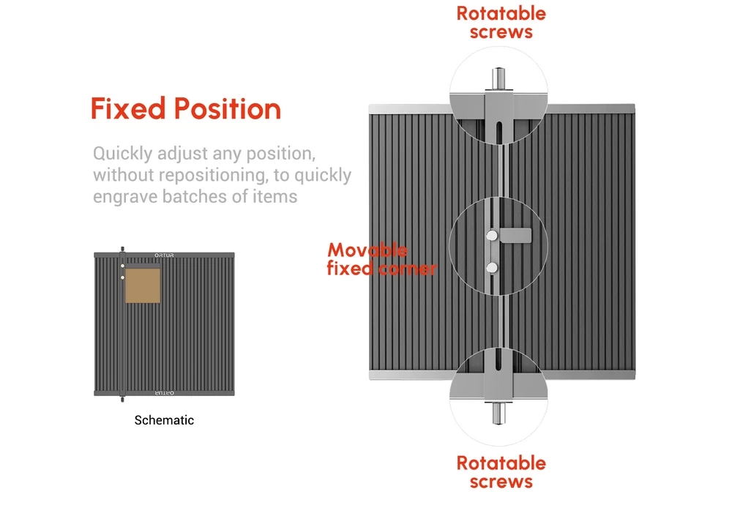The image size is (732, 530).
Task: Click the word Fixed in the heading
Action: (x=128, y=109)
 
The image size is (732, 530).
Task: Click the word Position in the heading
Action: (x=228, y=109)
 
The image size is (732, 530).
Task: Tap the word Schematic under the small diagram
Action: (x=164, y=420)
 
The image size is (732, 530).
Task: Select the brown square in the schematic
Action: (x=143, y=285)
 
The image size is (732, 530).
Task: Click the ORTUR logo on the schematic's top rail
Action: (x=164, y=255)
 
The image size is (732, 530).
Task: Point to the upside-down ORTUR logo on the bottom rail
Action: (x=164, y=394)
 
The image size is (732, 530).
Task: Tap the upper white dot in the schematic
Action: (x=122, y=266)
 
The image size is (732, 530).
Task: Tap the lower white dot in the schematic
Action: (x=122, y=277)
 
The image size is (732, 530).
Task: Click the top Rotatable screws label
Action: (x=501, y=23)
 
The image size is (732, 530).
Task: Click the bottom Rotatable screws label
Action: (x=501, y=472)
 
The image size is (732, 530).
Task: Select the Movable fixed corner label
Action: (x=381, y=260)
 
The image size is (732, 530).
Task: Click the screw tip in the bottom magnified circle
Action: (x=498, y=415)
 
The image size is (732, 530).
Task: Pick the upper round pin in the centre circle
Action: (x=492, y=235)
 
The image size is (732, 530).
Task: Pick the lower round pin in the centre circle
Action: (x=492, y=266)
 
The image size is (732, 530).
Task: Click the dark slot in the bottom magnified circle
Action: (x=498, y=359)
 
